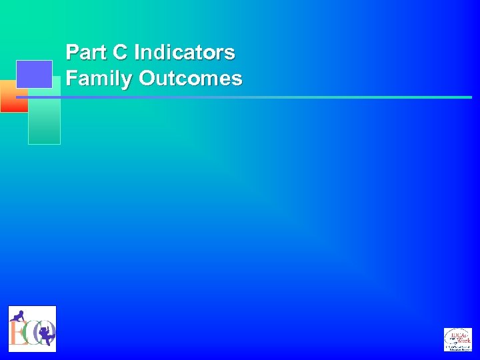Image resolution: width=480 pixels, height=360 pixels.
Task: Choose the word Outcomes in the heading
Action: [x=191, y=79]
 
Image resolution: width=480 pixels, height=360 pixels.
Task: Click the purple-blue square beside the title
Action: [x=34, y=74]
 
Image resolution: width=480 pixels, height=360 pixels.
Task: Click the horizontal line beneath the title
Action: [x=267, y=97]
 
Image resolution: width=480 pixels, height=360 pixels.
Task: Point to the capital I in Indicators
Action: [x=137, y=52]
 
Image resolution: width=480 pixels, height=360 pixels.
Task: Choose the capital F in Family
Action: [x=71, y=79]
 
